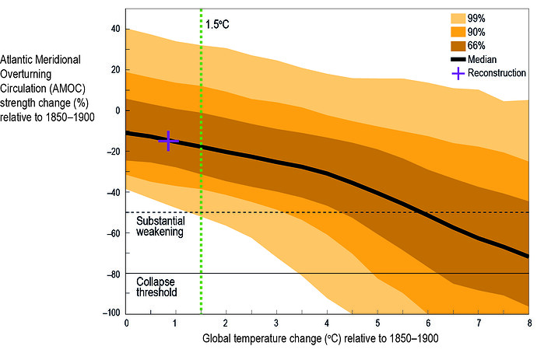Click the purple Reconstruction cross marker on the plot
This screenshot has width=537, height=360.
coord(169,140)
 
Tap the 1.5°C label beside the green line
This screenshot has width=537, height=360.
coord(217,24)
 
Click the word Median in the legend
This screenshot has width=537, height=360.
coord(494,59)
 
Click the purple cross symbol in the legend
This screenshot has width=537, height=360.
coord(462,73)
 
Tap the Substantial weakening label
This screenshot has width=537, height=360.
coord(160,226)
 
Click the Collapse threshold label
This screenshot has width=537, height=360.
coord(156,287)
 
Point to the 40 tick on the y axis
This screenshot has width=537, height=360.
coord(114,30)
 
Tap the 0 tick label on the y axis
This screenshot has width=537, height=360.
coord(117,110)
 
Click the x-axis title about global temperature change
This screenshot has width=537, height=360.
coord(327,339)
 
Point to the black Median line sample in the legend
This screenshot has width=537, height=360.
coord(462,59)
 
